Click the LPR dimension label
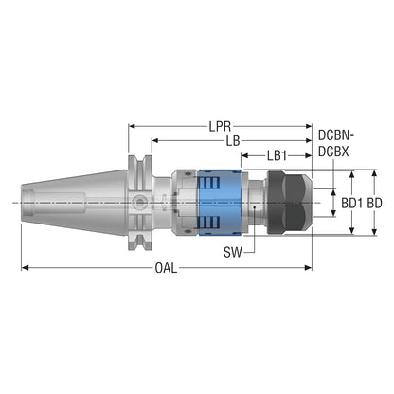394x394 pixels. (x=220, y=126)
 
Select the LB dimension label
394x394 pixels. (x=233, y=141)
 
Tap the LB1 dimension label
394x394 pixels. (x=277, y=155)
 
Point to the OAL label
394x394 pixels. (x=166, y=268)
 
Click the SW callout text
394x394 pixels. (x=233, y=252)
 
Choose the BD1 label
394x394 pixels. (x=352, y=203)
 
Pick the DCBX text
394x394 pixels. (x=333, y=152)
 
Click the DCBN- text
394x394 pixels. (x=336, y=135)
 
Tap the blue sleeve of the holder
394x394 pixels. (x=220, y=203)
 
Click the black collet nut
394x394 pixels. (x=289, y=203)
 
